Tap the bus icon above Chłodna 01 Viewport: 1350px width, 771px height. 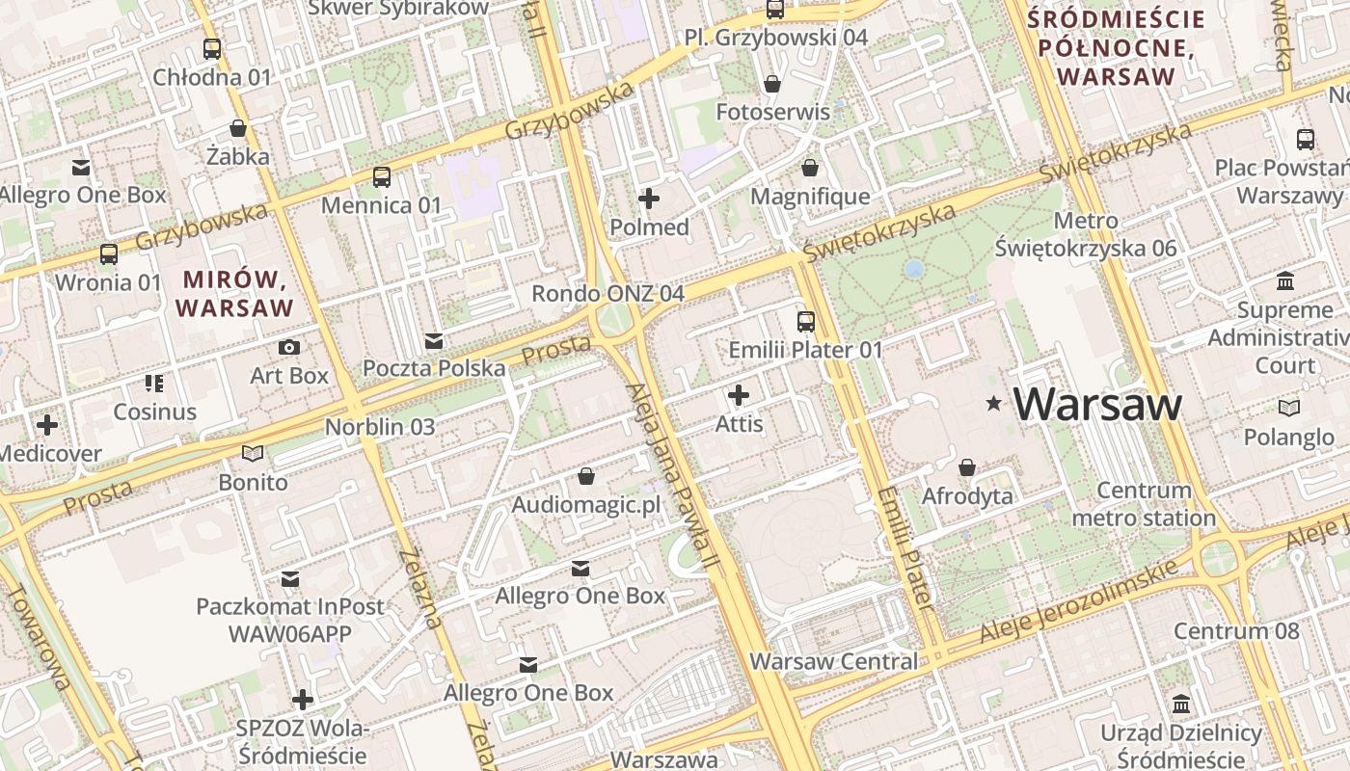(x=212, y=48)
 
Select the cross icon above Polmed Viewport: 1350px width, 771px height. (x=649, y=199)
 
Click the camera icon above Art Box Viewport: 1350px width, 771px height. (x=288, y=347)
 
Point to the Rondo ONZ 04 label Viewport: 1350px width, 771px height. (x=608, y=293)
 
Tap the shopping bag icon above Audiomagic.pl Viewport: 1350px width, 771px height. (x=585, y=476)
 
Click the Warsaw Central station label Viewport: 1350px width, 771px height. (x=834, y=662)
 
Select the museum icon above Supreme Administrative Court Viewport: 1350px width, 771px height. (x=1285, y=281)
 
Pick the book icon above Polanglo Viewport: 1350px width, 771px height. (x=1288, y=408)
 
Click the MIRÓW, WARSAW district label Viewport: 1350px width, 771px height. (x=235, y=294)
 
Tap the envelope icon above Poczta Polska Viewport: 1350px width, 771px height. (x=434, y=340)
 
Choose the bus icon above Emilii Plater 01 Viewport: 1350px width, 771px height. (x=805, y=321)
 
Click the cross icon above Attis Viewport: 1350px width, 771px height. (x=739, y=395)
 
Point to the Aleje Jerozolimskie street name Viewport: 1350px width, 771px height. (x=1078, y=601)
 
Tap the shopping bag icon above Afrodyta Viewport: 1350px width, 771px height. (x=967, y=467)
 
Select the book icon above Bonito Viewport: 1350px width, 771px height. (x=253, y=453)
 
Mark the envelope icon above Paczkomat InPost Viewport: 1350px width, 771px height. (x=290, y=578)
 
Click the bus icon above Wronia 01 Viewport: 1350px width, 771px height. (x=109, y=254)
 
